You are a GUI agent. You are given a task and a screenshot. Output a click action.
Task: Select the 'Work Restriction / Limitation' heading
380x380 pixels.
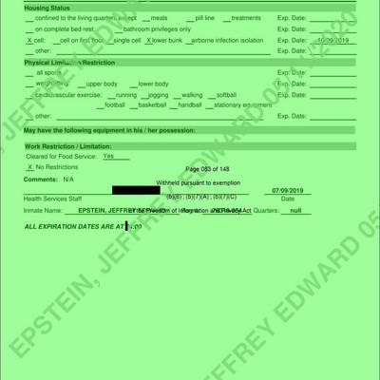pos(67,146)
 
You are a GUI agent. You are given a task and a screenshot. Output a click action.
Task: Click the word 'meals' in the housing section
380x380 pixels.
pos(159,18)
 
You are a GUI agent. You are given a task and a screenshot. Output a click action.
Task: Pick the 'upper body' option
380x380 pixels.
pos(101,84)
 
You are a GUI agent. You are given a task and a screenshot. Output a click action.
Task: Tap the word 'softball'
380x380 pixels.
pos(226,94)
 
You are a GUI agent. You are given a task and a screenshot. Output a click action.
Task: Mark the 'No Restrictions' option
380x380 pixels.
pos(56,166)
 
